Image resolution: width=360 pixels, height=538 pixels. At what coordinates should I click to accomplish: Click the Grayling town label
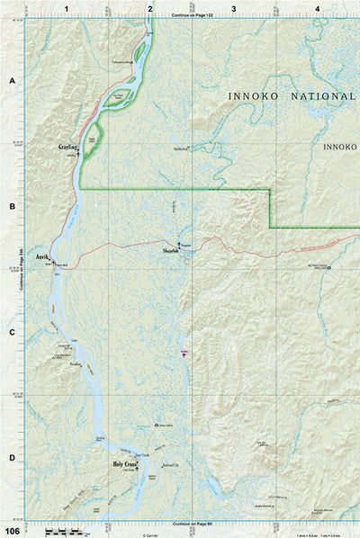68,147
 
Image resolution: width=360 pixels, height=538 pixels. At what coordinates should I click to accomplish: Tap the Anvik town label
41,256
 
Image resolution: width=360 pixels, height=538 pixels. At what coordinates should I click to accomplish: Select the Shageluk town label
171,252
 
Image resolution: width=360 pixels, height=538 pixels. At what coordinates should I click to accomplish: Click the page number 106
11,530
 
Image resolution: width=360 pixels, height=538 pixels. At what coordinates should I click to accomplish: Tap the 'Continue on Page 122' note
191,16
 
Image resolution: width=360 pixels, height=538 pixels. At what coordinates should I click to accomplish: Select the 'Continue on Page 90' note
191,524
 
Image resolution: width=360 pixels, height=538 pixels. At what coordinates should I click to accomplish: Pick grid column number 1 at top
66,8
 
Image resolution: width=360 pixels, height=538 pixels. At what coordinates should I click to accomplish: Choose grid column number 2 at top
149,8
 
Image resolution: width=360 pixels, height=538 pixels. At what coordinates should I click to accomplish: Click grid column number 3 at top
234,8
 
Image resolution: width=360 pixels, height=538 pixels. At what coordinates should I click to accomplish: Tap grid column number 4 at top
317,8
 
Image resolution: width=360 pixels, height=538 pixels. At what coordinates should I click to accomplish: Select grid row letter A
12,81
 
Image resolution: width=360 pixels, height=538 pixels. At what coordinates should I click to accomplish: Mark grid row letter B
12,207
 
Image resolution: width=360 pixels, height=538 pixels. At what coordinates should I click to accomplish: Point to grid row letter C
12,333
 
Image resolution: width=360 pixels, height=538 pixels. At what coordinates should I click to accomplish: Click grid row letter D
12,458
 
